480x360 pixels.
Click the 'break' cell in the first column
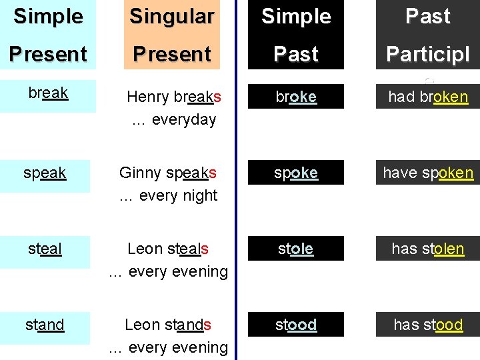[48, 93]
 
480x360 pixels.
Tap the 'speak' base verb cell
[45, 173]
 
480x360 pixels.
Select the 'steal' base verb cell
[45, 249]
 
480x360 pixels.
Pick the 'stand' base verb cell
[45, 325]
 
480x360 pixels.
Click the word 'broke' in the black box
[296, 97]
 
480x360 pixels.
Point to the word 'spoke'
[296, 173]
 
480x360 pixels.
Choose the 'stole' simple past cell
[296, 249]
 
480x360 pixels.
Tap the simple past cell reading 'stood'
[296, 325]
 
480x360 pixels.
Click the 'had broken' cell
[428, 97]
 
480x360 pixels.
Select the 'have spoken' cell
[428, 173]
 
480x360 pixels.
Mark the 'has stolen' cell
[428, 249]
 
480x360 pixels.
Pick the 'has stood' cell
[428, 325]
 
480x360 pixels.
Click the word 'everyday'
[185, 120]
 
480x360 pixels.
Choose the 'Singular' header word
[172, 17]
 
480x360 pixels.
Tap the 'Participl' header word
[428, 54]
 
